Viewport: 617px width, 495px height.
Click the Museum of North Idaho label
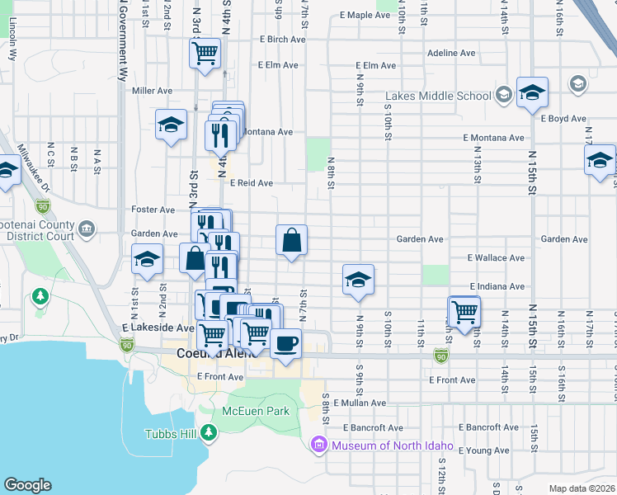click(x=393, y=446)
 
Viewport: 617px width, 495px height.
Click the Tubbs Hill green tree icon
click(x=209, y=431)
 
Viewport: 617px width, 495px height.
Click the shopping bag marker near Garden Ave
click(x=291, y=241)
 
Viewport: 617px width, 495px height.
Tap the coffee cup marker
click(x=285, y=343)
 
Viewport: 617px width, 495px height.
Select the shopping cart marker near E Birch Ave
click(x=205, y=54)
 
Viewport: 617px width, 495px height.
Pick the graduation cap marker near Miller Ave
click(x=172, y=125)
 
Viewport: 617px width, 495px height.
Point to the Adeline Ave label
click(x=451, y=53)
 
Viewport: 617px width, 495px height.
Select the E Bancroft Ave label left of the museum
click(x=374, y=428)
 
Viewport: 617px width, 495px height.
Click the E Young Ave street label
click(x=487, y=450)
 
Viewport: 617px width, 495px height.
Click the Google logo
click(x=27, y=485)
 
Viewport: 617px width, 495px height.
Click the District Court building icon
click(x=86, y=228)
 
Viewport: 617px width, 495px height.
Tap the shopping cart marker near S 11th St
click(x=464, y=313)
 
